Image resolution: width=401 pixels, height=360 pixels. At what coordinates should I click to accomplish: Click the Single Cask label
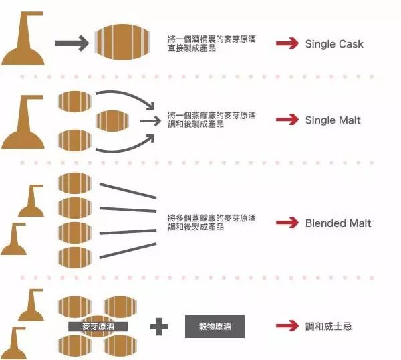334,44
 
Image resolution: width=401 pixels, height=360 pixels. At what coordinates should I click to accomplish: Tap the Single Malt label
332,120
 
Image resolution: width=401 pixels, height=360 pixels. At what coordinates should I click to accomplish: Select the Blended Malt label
338,223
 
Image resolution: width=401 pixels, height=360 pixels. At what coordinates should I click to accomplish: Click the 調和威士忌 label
328,327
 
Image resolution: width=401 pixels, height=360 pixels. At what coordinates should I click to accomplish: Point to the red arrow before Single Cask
287,44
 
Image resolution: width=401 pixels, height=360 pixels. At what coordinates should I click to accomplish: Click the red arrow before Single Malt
287,120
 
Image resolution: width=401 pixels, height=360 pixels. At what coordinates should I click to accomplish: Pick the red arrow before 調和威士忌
287,327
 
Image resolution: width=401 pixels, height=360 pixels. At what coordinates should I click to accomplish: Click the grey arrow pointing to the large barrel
71,44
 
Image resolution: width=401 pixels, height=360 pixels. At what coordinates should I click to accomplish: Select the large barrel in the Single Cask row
119,44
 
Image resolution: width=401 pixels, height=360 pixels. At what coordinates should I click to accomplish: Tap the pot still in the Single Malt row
24,124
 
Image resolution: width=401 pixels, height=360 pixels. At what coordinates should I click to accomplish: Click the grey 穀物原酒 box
215,327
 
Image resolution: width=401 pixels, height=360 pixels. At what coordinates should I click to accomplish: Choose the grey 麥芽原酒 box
98,327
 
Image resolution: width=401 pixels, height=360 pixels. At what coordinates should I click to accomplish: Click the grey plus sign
159,327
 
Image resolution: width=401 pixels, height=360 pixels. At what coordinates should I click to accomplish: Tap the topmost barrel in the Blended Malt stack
75,183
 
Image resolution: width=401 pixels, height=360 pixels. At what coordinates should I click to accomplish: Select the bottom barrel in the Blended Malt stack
75,258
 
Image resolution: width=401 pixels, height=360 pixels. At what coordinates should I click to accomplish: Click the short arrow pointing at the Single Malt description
149,121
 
